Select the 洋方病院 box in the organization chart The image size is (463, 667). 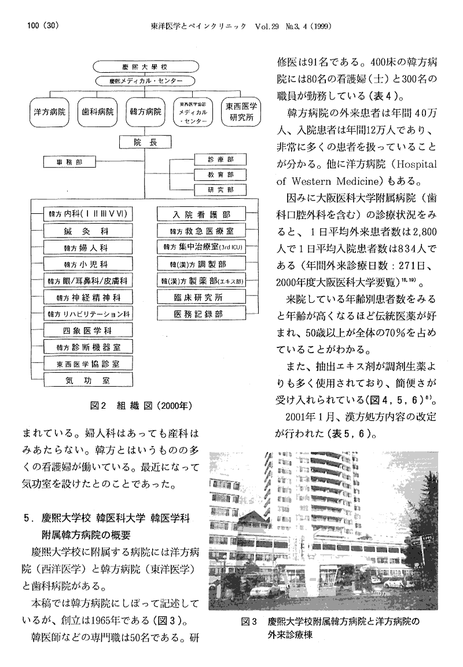pyautogui.click(x=49, y=110)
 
